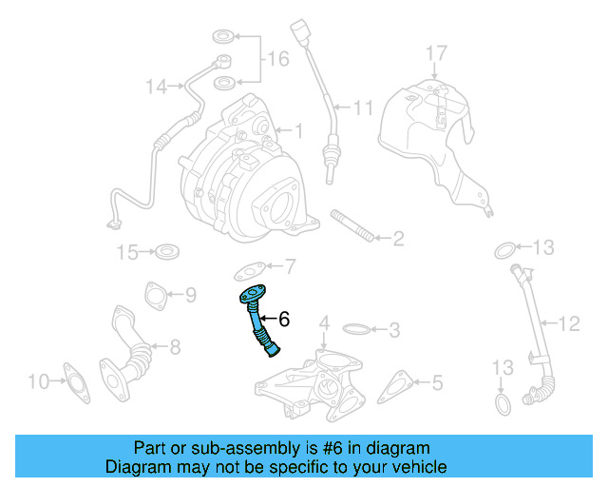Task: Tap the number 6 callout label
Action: [283, 321]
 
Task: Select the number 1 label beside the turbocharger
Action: [297, 130]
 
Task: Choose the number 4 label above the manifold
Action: [323, 324]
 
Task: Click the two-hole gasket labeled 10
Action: [74, 382]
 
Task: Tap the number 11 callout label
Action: [364, 107]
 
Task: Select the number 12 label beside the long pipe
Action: [567, 324]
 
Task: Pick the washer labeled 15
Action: [168, 252]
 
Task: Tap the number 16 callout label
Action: [276, 59]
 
